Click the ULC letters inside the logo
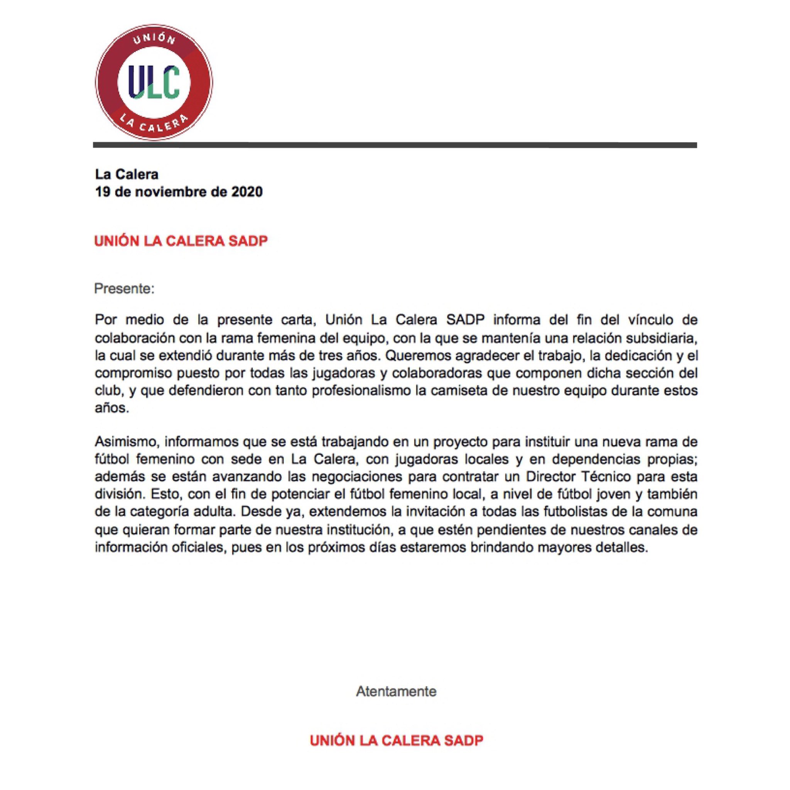coord(154,82)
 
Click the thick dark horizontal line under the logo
coord(395,145)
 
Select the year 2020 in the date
coord(247,192)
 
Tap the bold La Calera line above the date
coord(127,174)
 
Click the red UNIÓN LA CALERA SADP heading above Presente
coord(181,241)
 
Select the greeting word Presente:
coord(124,289)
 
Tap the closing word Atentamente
coord(396,692)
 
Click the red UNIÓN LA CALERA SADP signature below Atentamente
coord(396,741)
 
